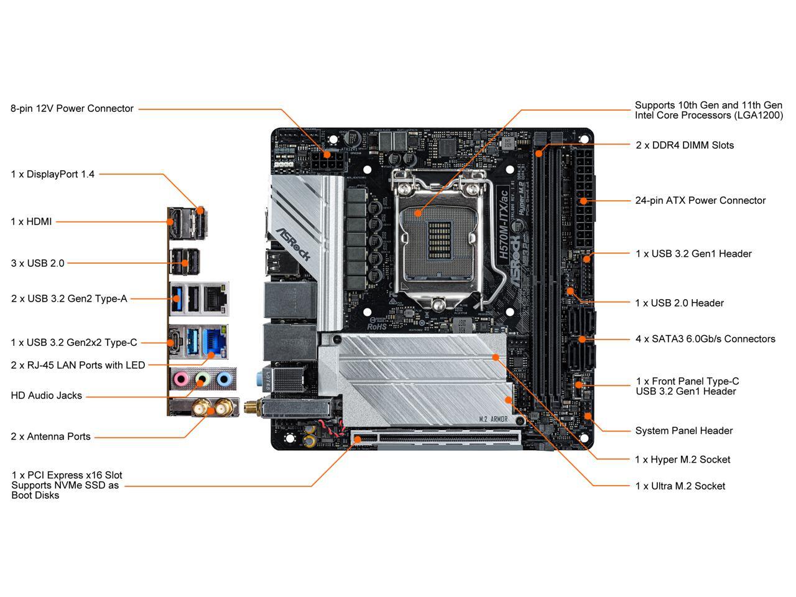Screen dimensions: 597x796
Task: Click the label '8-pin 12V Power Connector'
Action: click(72, 109)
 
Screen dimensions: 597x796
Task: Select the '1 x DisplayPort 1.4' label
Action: click(53, 175)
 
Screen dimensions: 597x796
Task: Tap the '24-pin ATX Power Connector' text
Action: click(700, 201)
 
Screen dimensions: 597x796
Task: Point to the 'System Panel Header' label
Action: click(683, 431)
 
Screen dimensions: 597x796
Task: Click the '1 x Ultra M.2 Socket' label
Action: click(680, 486)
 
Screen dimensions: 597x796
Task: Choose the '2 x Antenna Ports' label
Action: click(50, 437)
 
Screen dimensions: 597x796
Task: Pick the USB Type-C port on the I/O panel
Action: click(175, 341)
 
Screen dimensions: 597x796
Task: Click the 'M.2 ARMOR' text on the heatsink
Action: click(494, 420)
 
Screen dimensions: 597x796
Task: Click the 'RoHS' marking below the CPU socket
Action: click(377, 326)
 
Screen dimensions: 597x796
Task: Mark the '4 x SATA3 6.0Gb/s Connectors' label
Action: click(705, 340)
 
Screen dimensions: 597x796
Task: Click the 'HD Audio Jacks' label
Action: click(47, 396)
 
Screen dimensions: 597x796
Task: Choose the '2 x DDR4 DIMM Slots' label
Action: click(685, 146)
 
